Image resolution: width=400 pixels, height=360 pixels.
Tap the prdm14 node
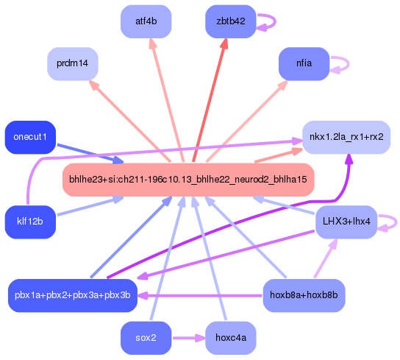tap(72, 64)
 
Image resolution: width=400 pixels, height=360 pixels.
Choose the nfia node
tap(304, 63)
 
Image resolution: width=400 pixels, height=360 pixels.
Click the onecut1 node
tap(30, 137)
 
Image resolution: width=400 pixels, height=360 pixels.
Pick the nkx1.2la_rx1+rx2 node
tap(346, 137)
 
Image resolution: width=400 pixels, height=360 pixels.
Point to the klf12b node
tap(30, 221)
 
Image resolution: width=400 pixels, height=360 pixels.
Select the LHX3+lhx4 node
tap(346, 221)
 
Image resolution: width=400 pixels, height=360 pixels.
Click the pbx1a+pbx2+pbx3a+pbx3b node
tap(72, 295)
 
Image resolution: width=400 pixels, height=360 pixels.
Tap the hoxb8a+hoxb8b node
tap(304, 295)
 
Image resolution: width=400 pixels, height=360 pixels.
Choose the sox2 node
tap(146, 338)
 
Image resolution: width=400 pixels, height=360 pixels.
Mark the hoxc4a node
tap(230, 338)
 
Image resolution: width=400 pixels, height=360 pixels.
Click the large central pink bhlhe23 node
tap(188, 180)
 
